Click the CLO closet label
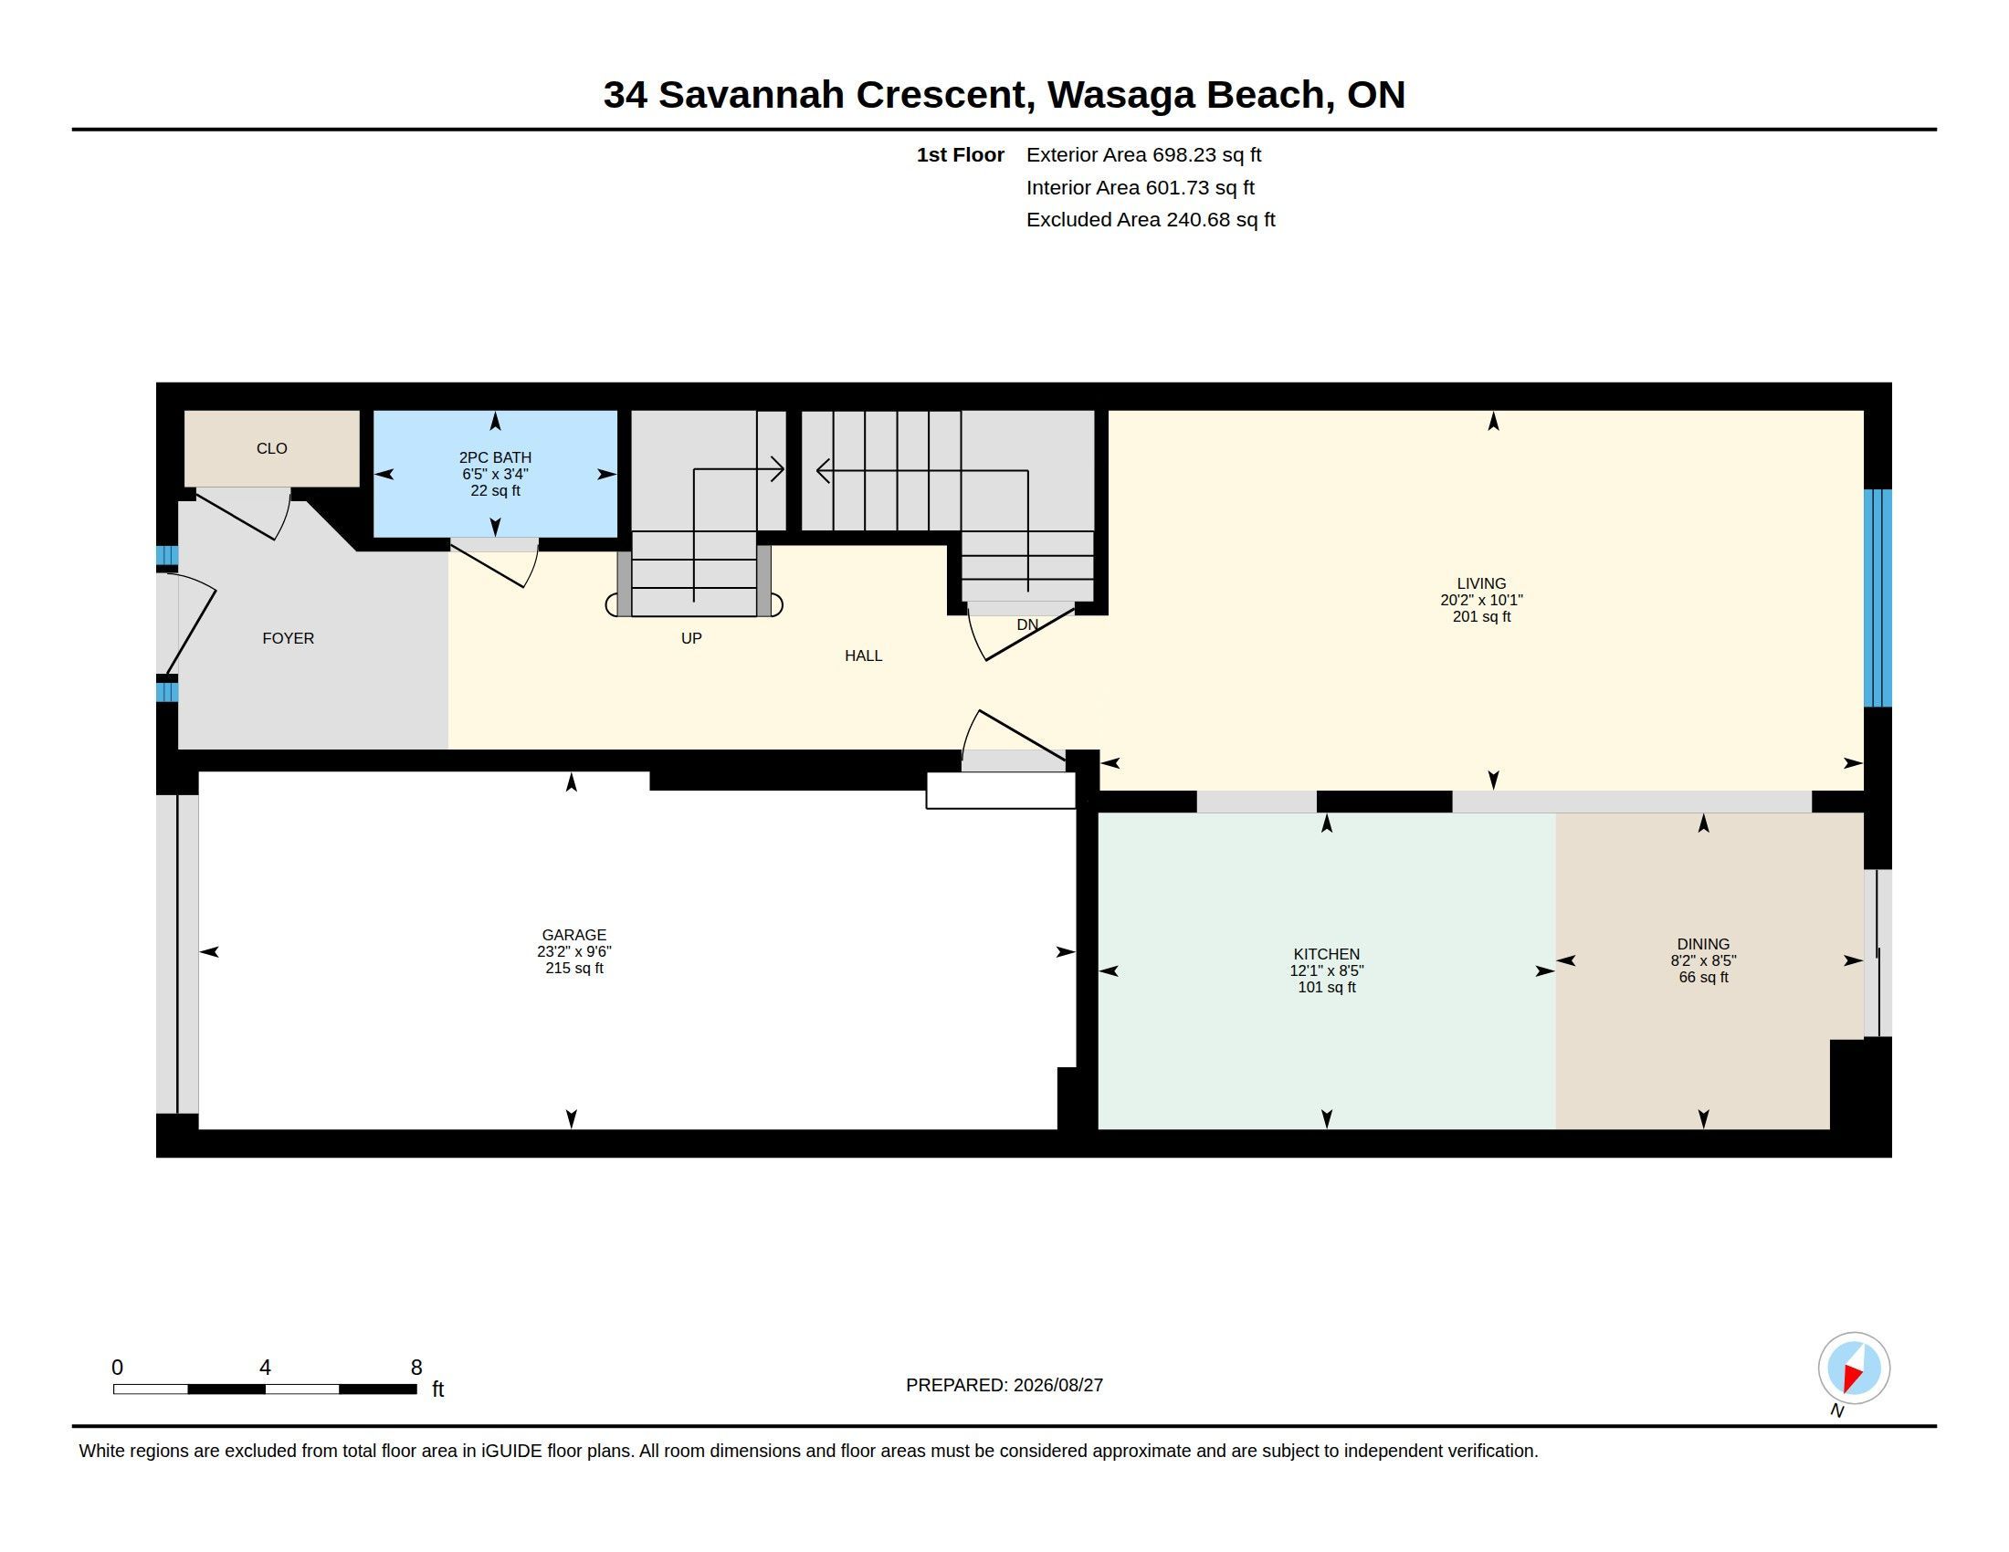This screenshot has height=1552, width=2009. [x=271, y=448]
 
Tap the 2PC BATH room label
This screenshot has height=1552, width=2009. [x=495, y=458]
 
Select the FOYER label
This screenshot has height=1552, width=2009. [x=288, y=638]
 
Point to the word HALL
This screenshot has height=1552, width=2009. [x=863, y=655]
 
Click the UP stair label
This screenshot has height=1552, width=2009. [x=691, y=638]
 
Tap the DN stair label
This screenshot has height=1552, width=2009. [x=1027, y=624]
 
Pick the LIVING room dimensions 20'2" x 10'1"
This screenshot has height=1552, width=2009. [x=1481, y=601]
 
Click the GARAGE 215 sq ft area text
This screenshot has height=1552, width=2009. [x=574, y=968]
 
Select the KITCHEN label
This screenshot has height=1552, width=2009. [x=1327, y=954]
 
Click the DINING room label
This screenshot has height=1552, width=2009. [x=1703, y=944]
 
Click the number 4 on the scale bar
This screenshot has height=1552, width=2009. [x=265, y=1368]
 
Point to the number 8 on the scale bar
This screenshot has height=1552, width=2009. [x=415, y=1368]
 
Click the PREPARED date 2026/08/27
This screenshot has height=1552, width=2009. [x=1057, y=1385]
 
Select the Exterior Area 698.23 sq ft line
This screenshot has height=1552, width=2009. [x=1143, y=155]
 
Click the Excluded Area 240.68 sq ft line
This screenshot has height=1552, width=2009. [x=1151, y=220]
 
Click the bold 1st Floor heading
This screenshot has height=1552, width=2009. [x=960, y=155]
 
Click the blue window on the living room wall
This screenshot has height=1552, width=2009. [x=1878, y=598]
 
